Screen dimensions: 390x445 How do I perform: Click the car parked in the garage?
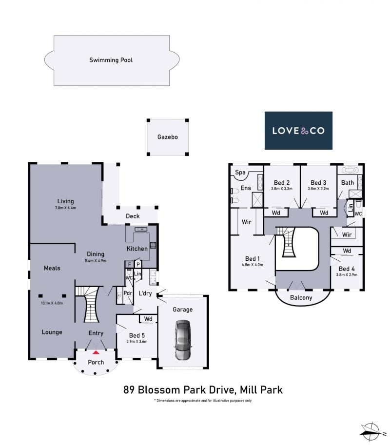(182, 340)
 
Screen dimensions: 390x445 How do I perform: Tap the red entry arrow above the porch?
(96, 352)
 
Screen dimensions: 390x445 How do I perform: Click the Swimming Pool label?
(111, 60)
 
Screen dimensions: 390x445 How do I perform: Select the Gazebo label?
(168, 137)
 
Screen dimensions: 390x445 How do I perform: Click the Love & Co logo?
(298, 131)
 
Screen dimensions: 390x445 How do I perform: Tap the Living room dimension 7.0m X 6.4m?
(65, 208)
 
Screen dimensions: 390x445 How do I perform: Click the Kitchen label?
(137, 249)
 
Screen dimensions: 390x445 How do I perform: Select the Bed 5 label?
(137, 335)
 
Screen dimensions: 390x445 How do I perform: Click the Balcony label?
(301, 297)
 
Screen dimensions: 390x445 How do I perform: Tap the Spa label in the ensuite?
(240, 172)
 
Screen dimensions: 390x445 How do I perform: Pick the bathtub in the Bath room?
(350, 170)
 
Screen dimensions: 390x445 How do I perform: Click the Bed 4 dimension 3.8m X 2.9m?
(347, 275)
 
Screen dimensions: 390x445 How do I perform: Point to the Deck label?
(133, 216)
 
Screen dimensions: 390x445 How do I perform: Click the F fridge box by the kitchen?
(130, 265)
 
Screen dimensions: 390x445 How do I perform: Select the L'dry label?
(145, 293)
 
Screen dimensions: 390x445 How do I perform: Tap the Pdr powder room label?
(128, 293)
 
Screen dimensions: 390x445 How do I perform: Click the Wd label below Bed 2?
(276, 213)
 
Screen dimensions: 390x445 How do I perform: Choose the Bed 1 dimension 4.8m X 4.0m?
(253, 265)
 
